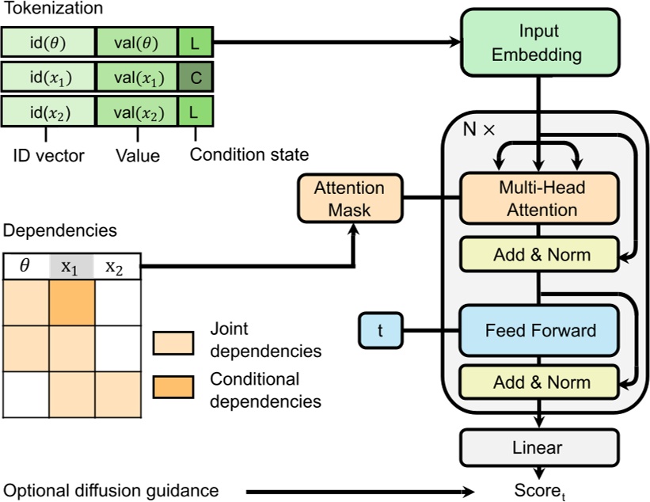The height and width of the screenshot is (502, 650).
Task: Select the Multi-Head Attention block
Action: (x=538, y=199)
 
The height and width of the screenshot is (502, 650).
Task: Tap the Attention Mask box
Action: (x=349, y=199)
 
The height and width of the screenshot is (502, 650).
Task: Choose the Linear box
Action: (x=538, y=447)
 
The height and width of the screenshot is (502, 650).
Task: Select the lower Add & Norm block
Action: (x=538, y=382)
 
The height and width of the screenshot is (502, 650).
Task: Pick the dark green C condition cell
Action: (x=194, y=78)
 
